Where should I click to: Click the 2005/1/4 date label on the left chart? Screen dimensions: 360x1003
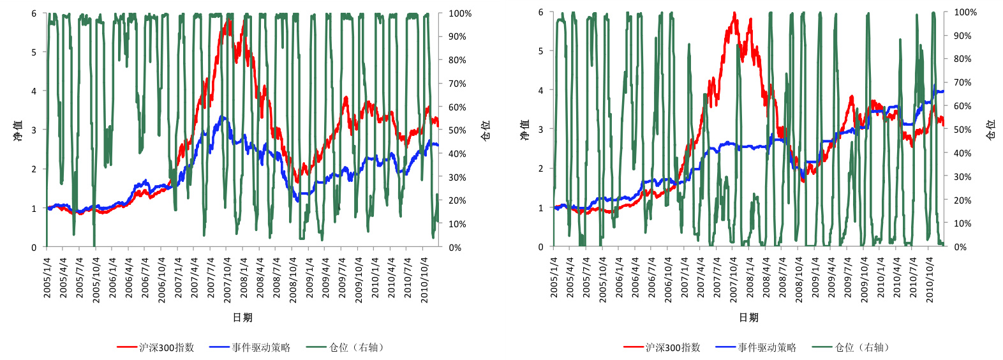[47, 278]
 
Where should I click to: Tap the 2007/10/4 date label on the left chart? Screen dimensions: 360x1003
[228, 278]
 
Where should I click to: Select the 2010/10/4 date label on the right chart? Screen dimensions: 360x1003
[930, 279]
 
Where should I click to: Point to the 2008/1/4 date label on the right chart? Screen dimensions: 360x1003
[750, 279]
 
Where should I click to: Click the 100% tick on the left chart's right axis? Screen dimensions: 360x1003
[459, 13]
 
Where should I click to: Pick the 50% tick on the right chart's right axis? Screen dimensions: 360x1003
[963, 130]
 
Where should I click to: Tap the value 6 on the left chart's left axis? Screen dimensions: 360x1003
[34, 13]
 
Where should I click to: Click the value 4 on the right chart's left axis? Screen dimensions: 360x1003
[540, 91]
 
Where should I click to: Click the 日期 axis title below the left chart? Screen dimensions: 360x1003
[242, 317]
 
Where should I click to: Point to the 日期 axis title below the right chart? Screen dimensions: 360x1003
[748, 317]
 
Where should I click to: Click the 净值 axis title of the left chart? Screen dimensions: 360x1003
[18, 130]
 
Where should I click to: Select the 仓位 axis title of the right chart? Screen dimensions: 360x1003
[990, 130]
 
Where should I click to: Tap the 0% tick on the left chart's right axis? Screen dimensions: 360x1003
[455, 248]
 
